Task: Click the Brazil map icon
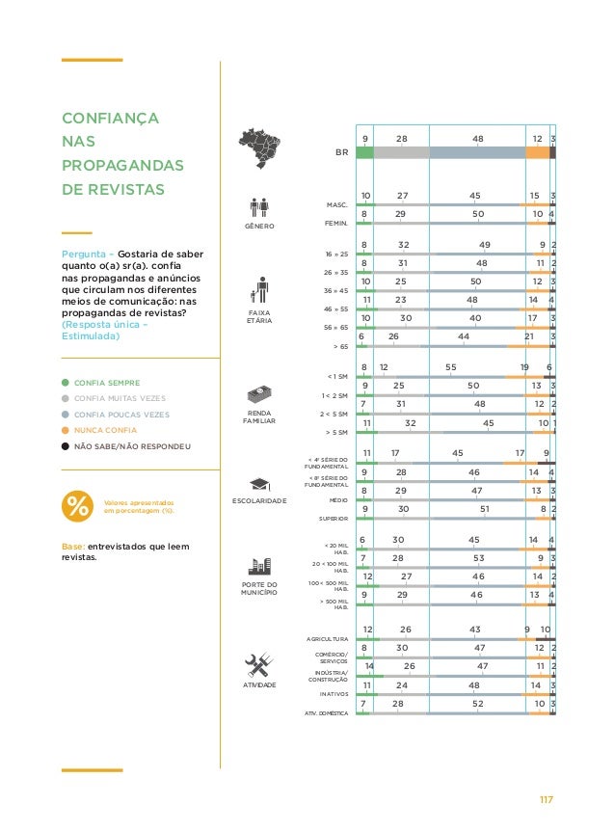point(262,146)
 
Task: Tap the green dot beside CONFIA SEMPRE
point(65,383)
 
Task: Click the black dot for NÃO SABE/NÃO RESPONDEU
point(65,446)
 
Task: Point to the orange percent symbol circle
point(76,506)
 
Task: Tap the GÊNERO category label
point(260,227)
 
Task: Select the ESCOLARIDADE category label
point(260,501)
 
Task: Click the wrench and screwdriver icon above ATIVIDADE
point(260,665)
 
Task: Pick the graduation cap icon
point(260,483)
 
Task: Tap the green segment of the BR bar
point(364,152)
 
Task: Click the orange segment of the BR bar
point(538,152)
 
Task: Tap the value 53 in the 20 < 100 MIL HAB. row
point(479,557)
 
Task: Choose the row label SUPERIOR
point(332,519)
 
